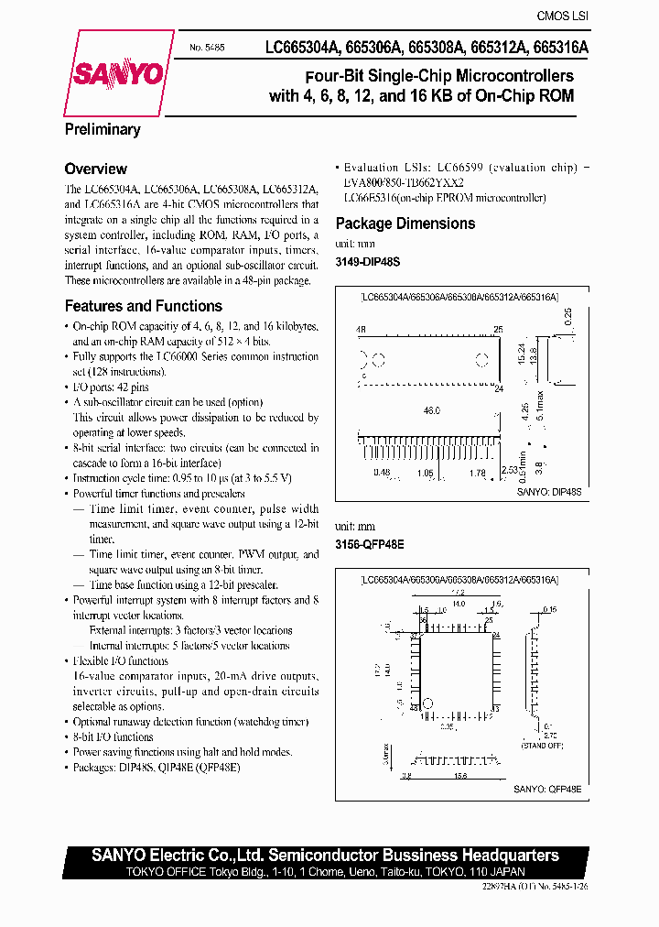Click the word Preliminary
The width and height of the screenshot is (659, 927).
pyautogui.click(x=103, y=130)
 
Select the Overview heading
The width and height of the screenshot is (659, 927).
pyautogui.click(x=95, y=169)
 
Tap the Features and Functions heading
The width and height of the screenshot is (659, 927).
pyautogui.click(x=143, y=306)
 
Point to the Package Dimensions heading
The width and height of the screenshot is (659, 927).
pyautogui.click(x=405, y=224)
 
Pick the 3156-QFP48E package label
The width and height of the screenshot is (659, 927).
pyautogui.click(x=370, y=543)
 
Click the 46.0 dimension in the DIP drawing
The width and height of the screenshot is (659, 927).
pyautogui.click(x=432, y=411)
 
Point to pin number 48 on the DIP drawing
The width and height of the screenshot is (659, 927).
pyautogui.click(x=361, y=329)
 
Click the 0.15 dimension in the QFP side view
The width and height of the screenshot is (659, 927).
pyautogui.click(x=548, y=608)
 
